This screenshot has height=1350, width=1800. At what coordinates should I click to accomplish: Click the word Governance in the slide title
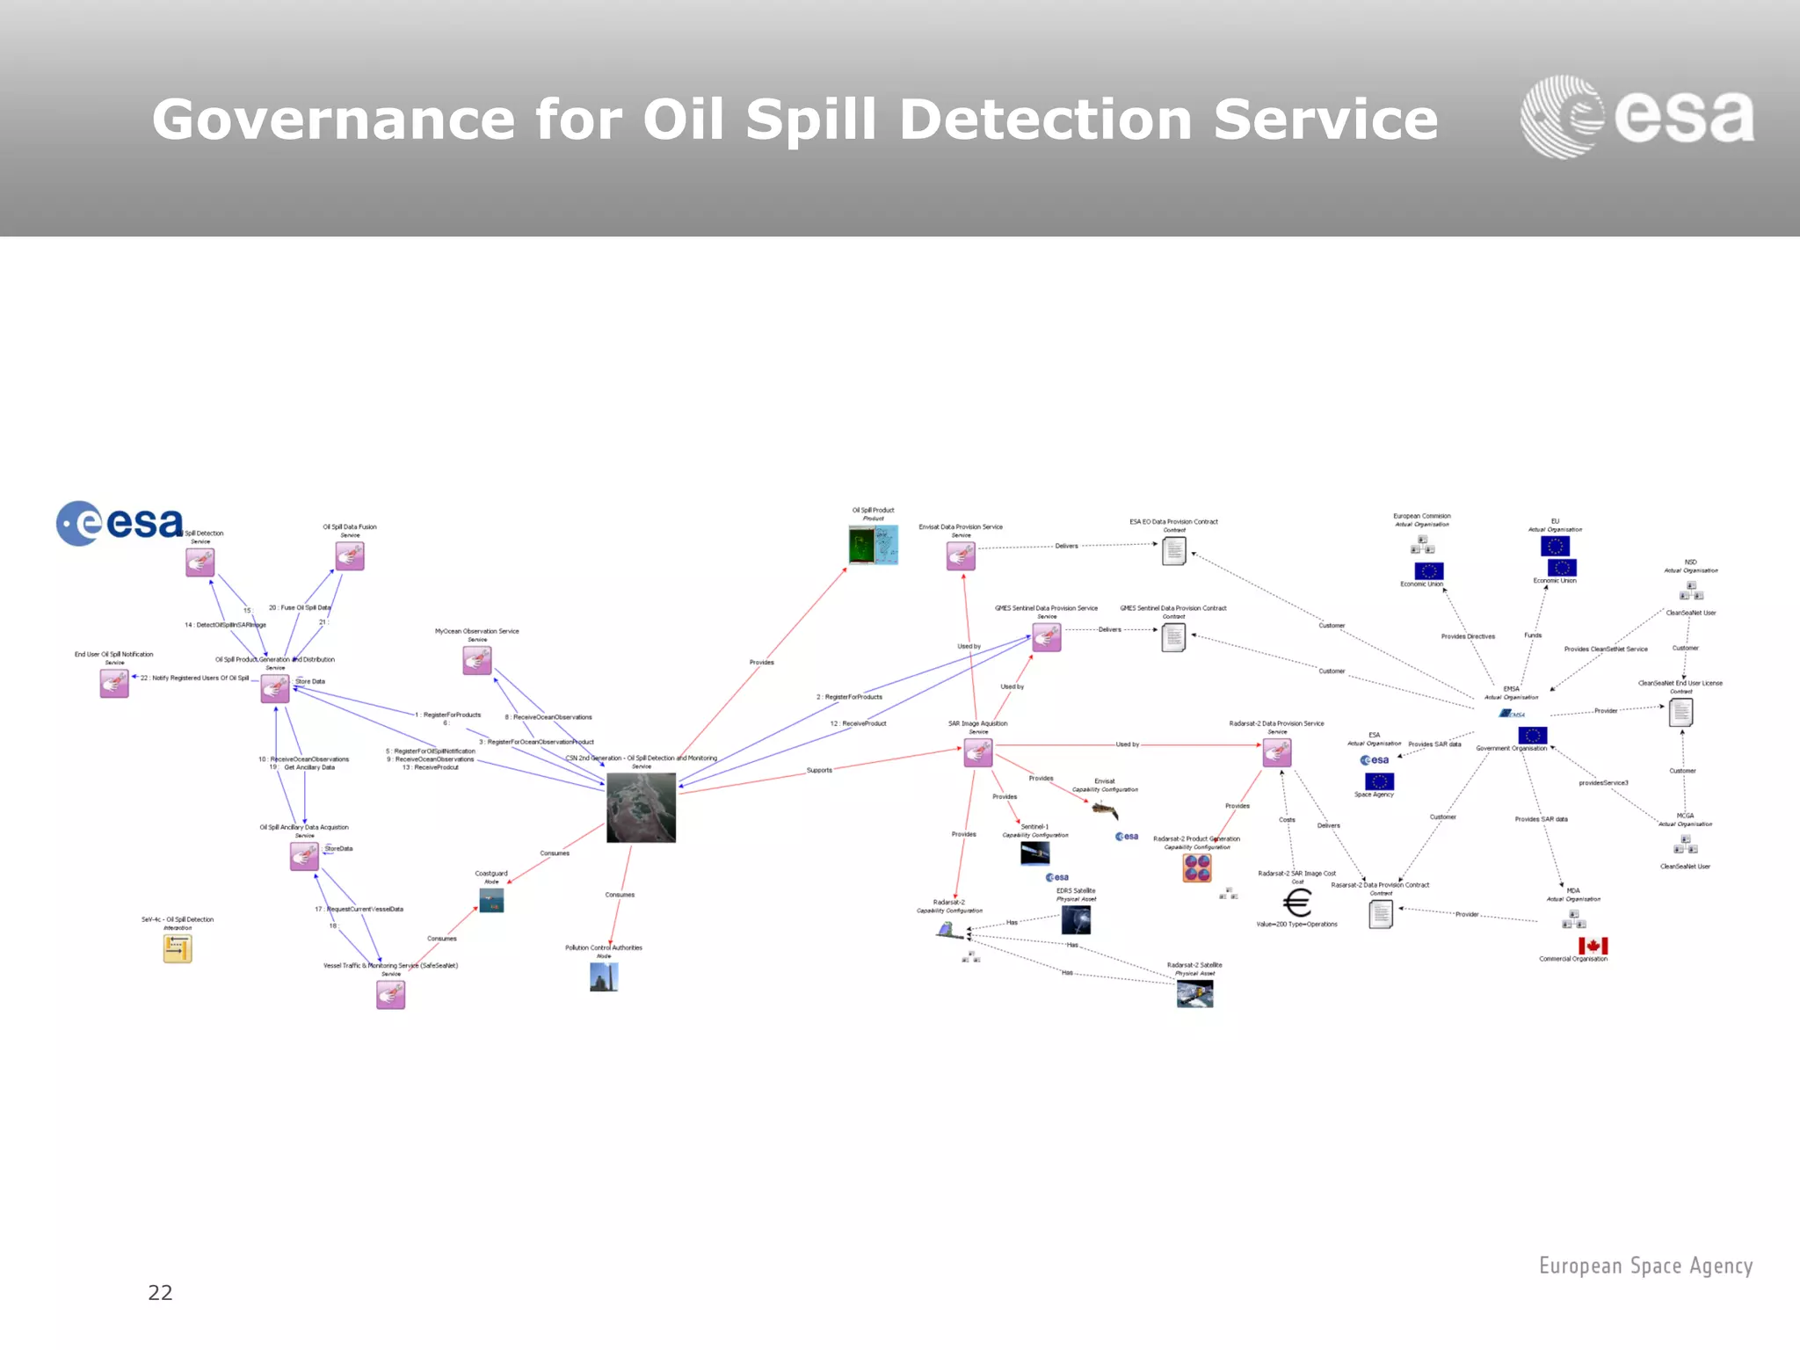333,120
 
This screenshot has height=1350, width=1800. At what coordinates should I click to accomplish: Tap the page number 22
160,1292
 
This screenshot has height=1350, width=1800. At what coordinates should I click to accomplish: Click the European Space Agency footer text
1645,1266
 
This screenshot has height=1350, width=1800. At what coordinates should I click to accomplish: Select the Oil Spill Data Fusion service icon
350,556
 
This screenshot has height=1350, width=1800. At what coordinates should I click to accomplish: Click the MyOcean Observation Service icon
477,660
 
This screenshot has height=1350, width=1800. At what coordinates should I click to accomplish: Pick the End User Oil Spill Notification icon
114,683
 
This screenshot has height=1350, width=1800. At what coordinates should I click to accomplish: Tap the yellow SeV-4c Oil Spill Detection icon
178,948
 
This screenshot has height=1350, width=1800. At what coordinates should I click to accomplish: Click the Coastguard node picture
491,900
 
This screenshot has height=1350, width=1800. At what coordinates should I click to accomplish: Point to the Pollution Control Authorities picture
604,976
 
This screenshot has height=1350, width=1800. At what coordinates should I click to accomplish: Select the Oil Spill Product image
873,545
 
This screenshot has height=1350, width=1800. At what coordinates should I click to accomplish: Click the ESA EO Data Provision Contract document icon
1174,551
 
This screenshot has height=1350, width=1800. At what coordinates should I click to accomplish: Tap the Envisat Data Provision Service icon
961,555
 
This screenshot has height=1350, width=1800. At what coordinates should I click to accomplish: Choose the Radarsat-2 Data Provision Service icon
1277,752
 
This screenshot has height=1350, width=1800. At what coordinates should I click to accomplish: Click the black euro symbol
1297,903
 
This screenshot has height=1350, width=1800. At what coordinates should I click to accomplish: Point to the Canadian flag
1593,946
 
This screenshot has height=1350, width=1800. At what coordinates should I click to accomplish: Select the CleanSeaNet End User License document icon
1680,712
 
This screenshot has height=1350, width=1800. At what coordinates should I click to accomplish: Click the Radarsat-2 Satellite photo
1194,994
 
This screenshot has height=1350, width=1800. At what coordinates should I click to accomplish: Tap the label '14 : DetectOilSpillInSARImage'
225,625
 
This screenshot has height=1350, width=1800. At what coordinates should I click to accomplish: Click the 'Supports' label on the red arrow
819,770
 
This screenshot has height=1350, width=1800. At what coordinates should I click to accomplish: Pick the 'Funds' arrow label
1533,635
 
